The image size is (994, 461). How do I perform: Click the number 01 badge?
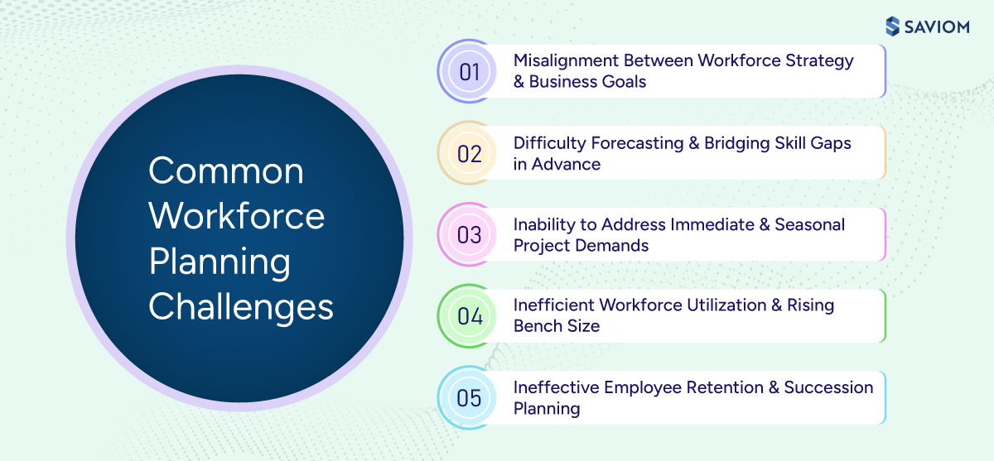point(470,71)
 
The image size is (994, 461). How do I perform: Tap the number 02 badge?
point(470,153)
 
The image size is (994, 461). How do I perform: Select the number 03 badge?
point(470,234)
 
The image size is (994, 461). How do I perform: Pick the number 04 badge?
point(470,316)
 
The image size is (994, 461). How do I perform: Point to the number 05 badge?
point(470,397)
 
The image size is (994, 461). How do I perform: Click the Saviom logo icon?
point(892,26)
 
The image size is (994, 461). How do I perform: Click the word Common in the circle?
point(226,171)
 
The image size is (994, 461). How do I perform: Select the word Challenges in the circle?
point(241,307)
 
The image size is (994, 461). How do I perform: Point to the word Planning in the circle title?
point(220,262)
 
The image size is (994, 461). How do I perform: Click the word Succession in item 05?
point(828,387)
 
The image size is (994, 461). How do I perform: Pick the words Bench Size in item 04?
point(557,326)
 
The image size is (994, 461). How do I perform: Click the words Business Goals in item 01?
point(587,81)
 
